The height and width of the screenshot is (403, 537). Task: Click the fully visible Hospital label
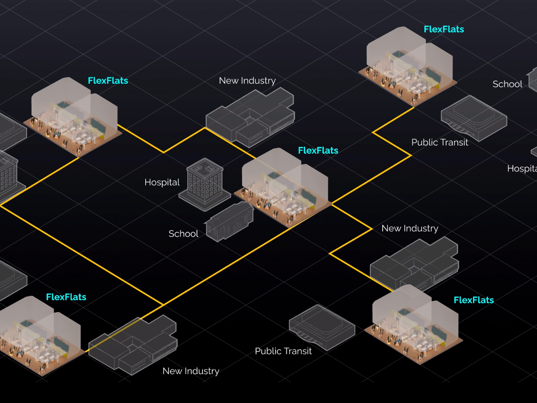pos(162,183)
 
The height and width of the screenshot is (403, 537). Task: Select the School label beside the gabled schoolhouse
pos(183,234)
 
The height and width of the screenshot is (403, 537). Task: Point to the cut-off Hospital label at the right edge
pos(522,169)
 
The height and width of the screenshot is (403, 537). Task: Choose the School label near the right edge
pos(507,84)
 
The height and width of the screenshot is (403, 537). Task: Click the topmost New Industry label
pos(247,81)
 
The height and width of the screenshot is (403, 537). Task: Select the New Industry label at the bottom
pos(190,371)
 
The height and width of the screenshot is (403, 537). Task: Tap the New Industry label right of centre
pos(409,229)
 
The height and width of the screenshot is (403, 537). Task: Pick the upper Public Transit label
pos(439,142)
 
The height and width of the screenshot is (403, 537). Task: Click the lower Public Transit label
pos(283,351)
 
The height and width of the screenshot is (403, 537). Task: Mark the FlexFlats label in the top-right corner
pos(443,30)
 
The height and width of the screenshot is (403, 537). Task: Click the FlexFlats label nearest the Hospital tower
pos(318,151)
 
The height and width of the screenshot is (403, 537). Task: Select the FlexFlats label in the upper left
pos(107,81)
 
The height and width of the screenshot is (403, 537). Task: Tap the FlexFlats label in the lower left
pos(66,297)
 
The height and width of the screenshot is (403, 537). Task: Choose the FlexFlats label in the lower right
pos(473,300)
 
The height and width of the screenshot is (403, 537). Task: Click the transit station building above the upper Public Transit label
pos(474,117)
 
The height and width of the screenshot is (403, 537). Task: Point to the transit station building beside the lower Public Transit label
pos(322,326)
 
